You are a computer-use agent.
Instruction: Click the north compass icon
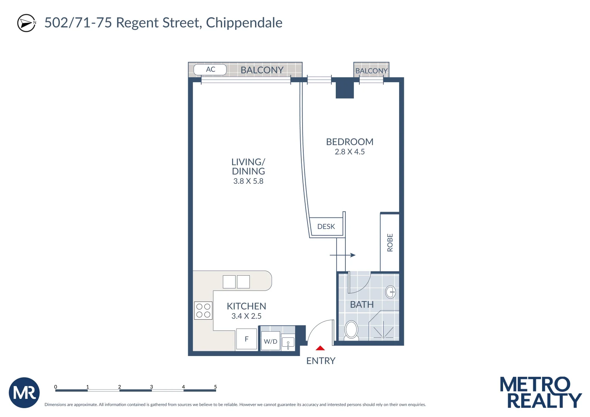pyautogui.click(x=26, y=23)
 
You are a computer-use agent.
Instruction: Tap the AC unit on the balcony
pyautogui.click(x=210, y=69)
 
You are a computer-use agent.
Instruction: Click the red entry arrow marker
pyautogui.click(x=320, y=348)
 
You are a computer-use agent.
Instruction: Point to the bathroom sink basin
pyautogui.click(x=391, y=292)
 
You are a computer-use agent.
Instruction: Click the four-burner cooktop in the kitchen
pyautogui.click(x=203, y=310)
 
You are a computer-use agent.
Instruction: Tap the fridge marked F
pyautogui.click(x=247, y=339)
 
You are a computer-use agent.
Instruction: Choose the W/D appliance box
pyautogui.click(x=270, y=341)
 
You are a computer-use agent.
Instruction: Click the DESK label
pyautogui.click(x=326, y=227)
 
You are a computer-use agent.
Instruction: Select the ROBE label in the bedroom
pyautogui.click(x=390, y=242)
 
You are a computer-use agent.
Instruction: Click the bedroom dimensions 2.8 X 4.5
pyautogui.click(x=350, y=152)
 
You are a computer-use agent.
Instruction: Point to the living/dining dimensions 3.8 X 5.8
pyautogui.click(x=248, y=181)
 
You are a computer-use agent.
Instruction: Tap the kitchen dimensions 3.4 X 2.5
pyautogui.click(x=247, y=316)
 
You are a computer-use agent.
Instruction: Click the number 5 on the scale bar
pyautogui.click(x=215, y=386)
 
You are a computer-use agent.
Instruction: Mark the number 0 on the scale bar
pyautogui.click(x=56, y=386)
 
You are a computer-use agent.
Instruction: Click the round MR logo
pyautogui.click(x=24, y=393)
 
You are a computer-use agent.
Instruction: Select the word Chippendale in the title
pyautogui.click(x=244, y=23)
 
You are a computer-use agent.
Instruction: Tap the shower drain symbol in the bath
pyautogui.click(x=383, y=337)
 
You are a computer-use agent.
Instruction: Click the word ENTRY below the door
pyautogui.click(x=321, y=361)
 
